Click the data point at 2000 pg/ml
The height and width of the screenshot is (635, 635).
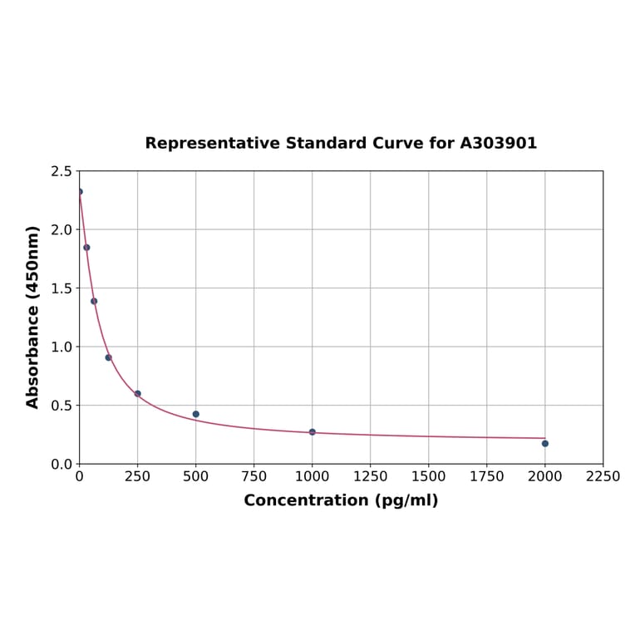(545, 443)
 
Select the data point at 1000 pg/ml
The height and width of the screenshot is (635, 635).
(313, 432)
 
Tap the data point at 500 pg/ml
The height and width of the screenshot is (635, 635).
(196, 414)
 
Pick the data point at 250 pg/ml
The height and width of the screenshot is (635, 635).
(138, 393)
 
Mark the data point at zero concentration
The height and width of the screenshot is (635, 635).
(80, 192)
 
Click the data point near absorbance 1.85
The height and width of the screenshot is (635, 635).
(86, 248)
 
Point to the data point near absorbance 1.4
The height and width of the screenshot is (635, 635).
(94, 301)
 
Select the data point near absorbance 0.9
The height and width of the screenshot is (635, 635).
(108, 357)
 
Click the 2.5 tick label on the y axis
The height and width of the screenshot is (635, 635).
(62, 171)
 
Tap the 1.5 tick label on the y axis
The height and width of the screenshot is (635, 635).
(62, 288)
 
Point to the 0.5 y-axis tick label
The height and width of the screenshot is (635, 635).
(62, 406)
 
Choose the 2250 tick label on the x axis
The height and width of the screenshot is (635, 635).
(603, 477)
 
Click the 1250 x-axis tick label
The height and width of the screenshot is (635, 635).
(371, 477)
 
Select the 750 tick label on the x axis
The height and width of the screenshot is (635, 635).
(254, 477)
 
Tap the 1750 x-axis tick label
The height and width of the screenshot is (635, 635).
(487, 477)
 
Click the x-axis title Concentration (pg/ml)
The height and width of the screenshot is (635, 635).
(341, 500)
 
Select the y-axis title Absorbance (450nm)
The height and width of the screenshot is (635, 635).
(33, 317)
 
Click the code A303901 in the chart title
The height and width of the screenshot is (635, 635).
(499, 143)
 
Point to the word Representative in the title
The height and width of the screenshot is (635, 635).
(213, 143)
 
